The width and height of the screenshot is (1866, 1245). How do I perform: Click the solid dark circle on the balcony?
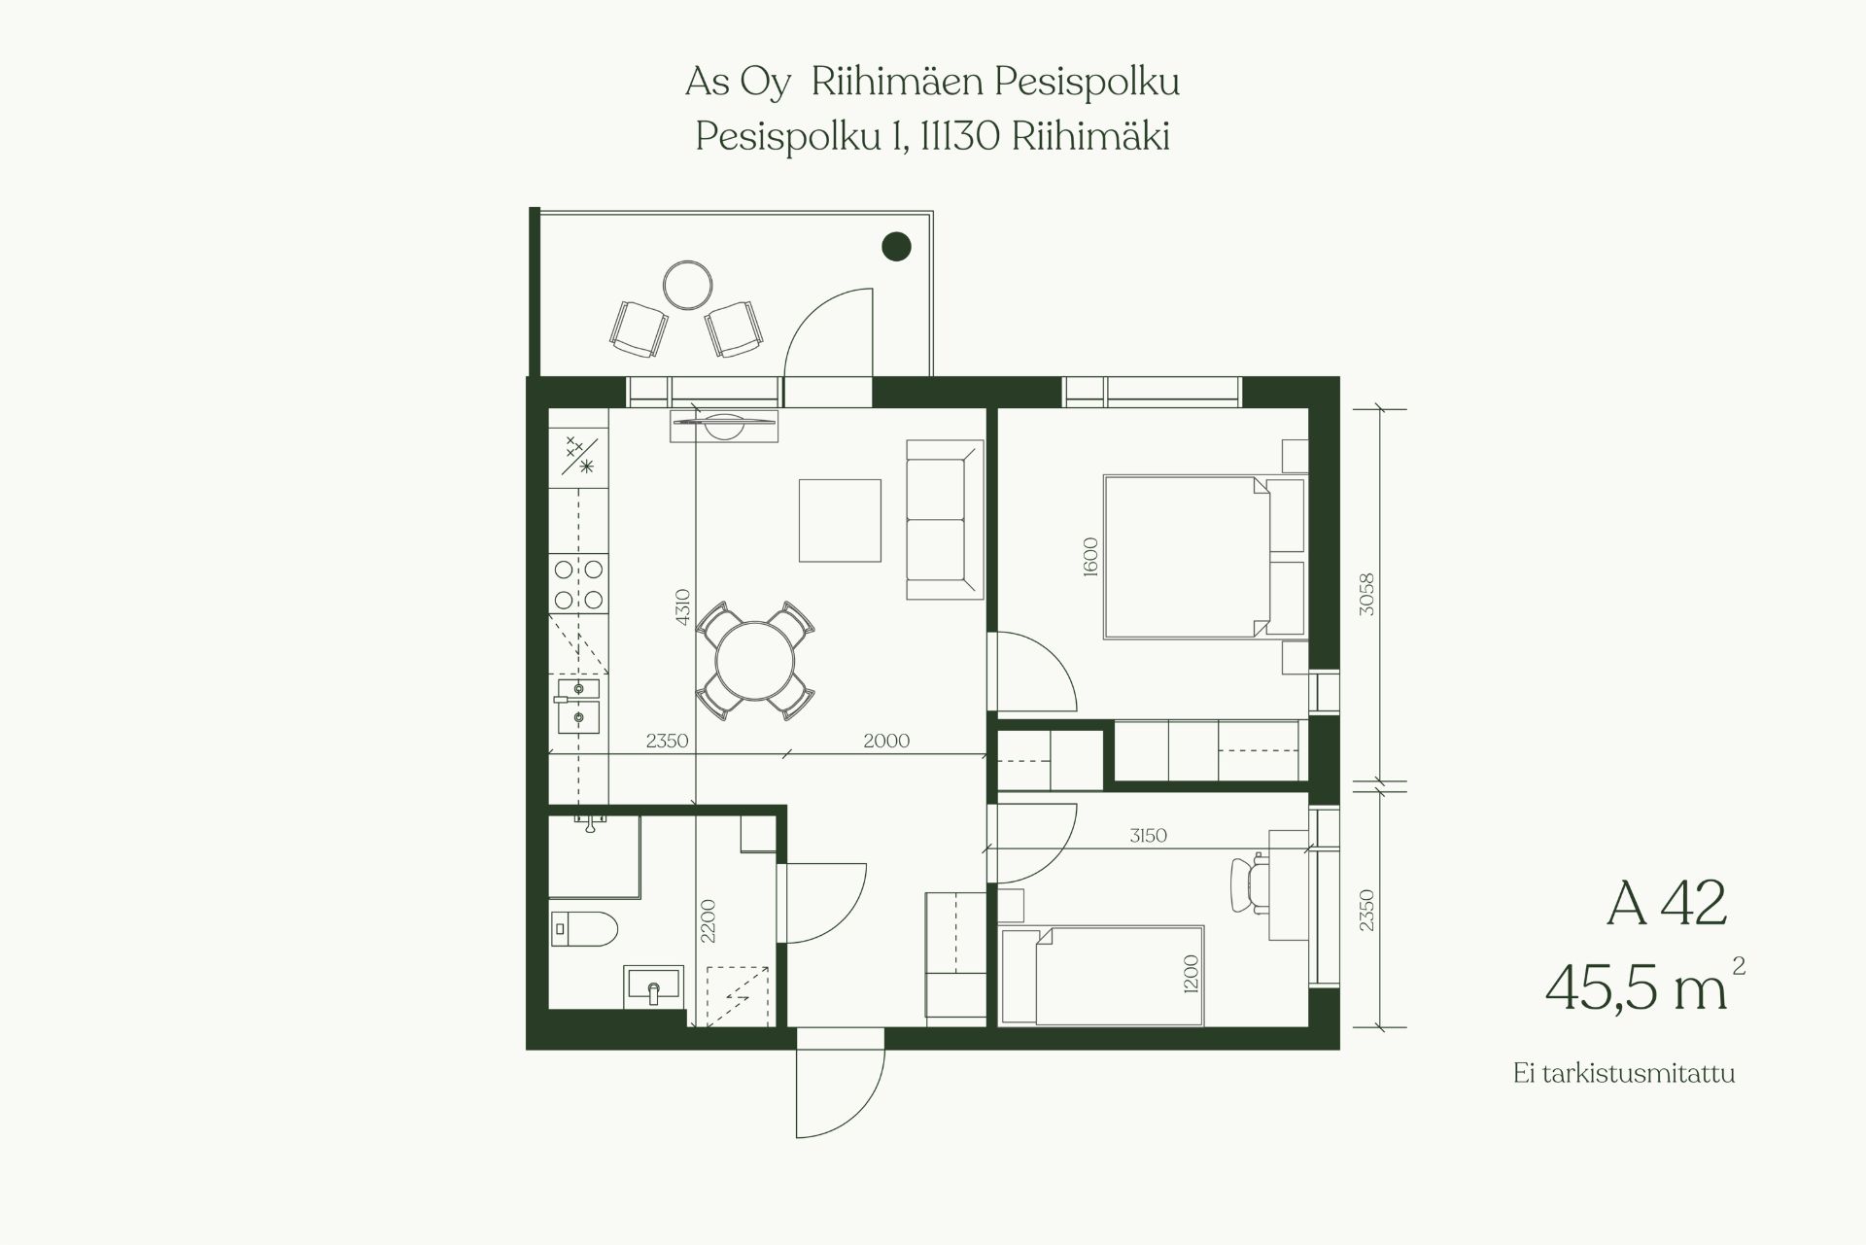coord(896,247)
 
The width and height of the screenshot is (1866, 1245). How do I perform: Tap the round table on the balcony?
coord(688,286)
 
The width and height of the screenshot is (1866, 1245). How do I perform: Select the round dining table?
coord(755,661)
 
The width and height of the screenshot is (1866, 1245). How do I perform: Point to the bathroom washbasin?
coord(654,987)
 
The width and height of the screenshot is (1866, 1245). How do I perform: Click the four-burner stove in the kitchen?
coord(578,584)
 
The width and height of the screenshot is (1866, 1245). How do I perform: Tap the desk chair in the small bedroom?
coord(1250,883)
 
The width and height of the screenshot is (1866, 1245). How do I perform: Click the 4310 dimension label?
coord(682,607)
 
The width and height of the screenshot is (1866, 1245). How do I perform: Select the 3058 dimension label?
coord(1367,595)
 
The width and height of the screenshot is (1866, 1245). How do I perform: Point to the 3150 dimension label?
coord(1148,835)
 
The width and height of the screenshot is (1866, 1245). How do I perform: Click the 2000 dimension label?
coord(886,741)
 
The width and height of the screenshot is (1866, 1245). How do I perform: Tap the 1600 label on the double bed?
coord(1089,557)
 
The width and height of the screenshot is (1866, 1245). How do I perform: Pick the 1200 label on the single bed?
coord(1192,974)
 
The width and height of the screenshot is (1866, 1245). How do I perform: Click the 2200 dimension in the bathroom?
coord(708,920)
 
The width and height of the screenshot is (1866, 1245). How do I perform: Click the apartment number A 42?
coord(1667,903)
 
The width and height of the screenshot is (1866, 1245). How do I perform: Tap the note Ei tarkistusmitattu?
coord(1624,1074)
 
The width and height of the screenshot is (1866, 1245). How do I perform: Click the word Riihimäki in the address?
coord(1090,137)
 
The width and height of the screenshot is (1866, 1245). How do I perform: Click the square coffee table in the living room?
coord(840,520)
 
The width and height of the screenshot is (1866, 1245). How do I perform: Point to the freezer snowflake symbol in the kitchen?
coord(586,467)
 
